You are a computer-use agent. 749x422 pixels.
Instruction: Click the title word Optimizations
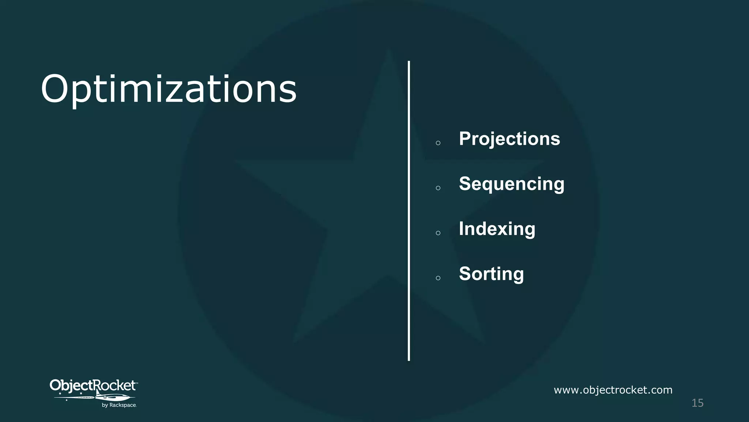168,89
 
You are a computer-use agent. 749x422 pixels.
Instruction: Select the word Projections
509,139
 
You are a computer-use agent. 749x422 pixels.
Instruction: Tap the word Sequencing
511,184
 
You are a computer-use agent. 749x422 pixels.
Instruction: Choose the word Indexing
497,229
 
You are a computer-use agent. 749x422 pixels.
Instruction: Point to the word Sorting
491,274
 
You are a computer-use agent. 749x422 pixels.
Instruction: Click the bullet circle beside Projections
438,143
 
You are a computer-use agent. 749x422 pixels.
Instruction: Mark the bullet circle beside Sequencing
438,188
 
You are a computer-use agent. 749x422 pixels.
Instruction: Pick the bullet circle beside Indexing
438,233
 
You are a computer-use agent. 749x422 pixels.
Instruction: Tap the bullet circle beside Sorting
438,278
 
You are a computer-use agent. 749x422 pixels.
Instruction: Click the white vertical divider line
409,211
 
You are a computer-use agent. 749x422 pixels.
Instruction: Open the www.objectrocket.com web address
613,390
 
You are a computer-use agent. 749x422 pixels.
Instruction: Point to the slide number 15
697,403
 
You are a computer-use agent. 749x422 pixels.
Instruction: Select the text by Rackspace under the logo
119,405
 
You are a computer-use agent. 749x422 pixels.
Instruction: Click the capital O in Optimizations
56,89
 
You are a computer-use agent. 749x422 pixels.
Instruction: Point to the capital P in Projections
466,139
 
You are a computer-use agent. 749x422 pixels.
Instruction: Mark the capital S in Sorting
466,274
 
